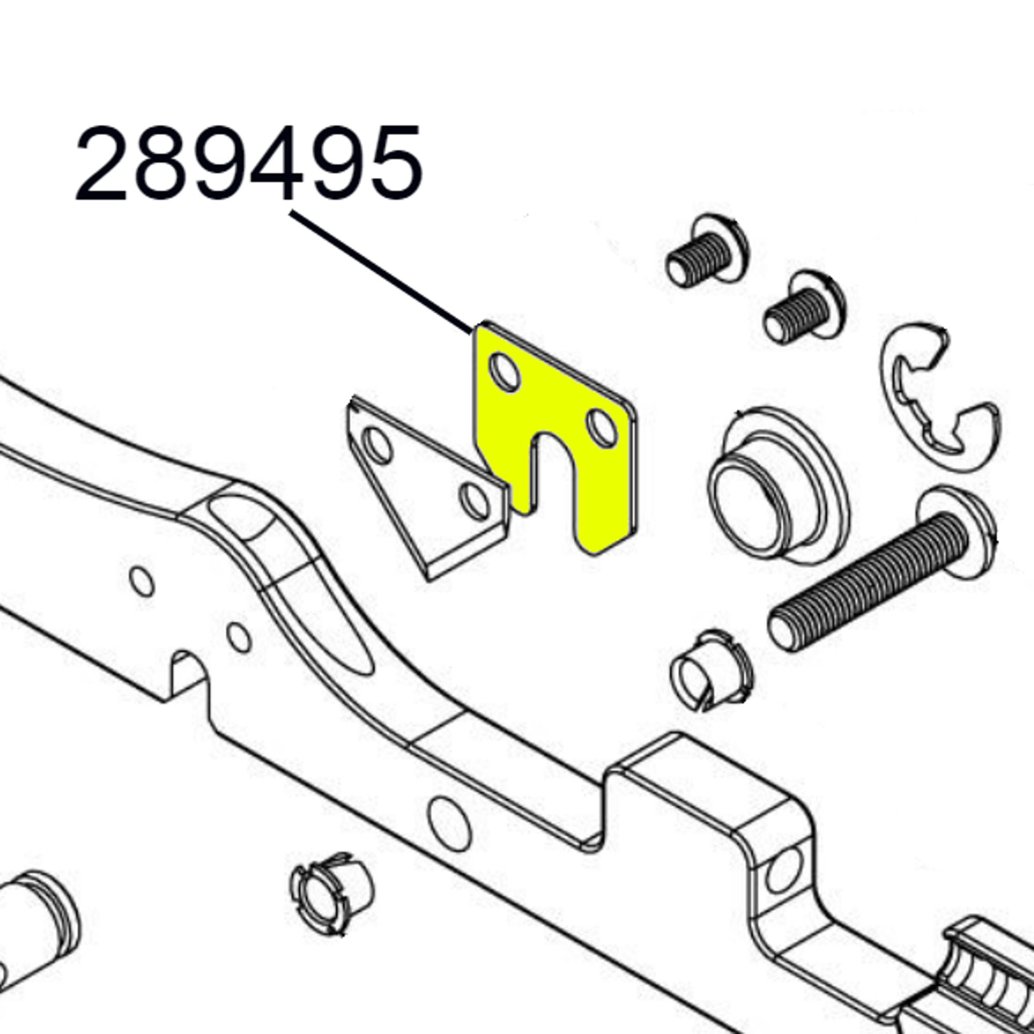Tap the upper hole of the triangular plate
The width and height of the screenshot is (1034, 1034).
click(x=377, y=446)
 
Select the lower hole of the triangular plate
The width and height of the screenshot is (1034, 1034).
click(x=474, y=501)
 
